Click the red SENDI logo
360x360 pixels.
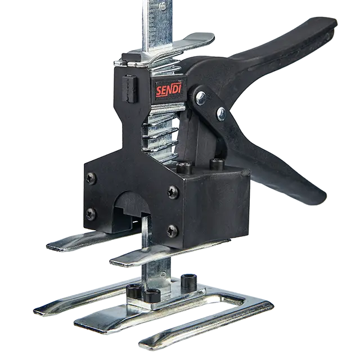(169, 89)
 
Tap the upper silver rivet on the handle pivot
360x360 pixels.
(201, 98)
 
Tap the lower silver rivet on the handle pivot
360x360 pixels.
(221, 114)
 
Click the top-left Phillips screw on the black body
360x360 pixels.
(91, 178)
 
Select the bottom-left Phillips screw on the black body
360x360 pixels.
(91, 214)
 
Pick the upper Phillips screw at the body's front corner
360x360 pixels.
(173, 192)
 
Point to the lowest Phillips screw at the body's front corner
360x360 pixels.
(173, 231)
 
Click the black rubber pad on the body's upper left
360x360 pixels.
(130, 88)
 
